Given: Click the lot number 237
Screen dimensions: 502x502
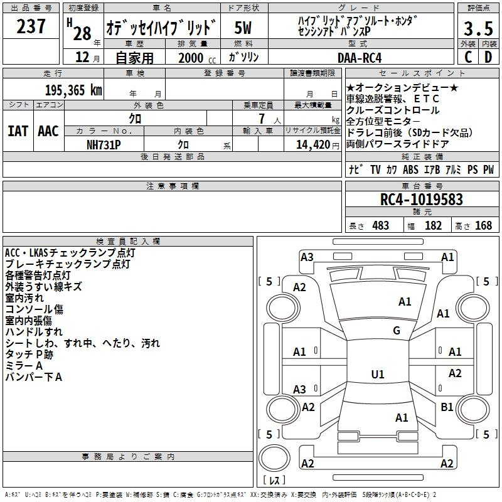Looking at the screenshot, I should coord(31,26).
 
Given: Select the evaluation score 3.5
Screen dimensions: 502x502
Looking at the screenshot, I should coord(478,29).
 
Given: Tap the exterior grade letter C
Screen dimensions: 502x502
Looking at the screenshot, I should coord(467,57).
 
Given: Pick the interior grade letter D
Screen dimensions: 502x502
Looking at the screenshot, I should coord(488,57).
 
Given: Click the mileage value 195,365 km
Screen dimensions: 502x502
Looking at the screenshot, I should coord(73,90).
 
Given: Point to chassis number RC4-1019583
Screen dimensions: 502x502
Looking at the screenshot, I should coord(422,200).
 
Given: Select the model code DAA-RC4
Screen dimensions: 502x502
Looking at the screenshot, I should coord(359,57).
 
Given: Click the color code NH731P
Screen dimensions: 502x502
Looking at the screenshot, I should coord(104,144).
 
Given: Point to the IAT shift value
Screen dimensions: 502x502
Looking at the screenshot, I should coord(18,131).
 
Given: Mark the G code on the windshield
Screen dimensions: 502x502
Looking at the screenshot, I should coord(397,330).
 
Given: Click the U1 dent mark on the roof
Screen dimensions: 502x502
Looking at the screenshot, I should coord(378,375).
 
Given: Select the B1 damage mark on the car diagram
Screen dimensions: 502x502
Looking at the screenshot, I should coord(447,407).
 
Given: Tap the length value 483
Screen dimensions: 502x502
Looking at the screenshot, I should coord(380,225).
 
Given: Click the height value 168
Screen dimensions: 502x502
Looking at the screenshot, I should coord(483,225).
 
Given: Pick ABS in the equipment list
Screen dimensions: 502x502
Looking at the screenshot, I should coord(410,169).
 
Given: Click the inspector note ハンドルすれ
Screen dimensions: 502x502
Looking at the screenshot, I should coord(34,332).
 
